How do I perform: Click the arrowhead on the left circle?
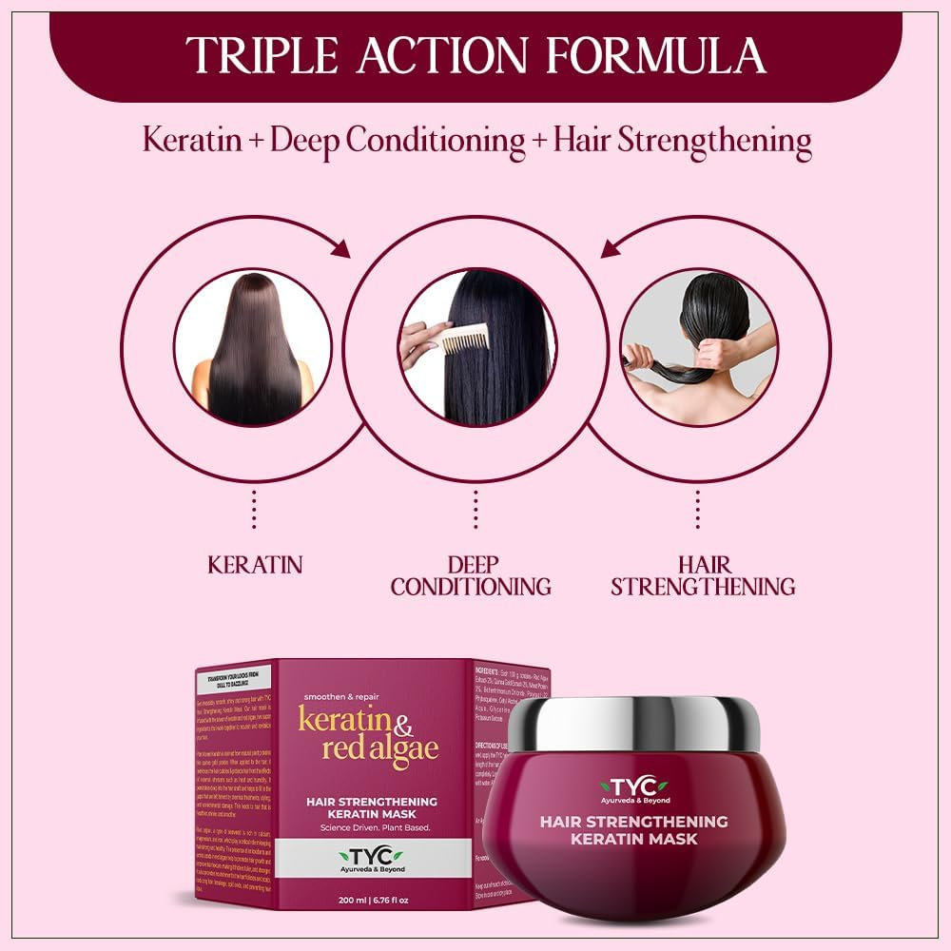[x=340, y=249]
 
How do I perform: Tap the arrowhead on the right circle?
[x=609, y=249]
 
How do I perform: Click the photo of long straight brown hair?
[x=253, y=347]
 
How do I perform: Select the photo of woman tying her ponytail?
[x=698, y=347]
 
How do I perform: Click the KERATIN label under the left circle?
[x=254, y=565]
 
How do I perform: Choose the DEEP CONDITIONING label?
[x=471, y=575]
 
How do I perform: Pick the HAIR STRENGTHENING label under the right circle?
[x=703, y=575]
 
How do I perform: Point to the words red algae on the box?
[x=379, y=747]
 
